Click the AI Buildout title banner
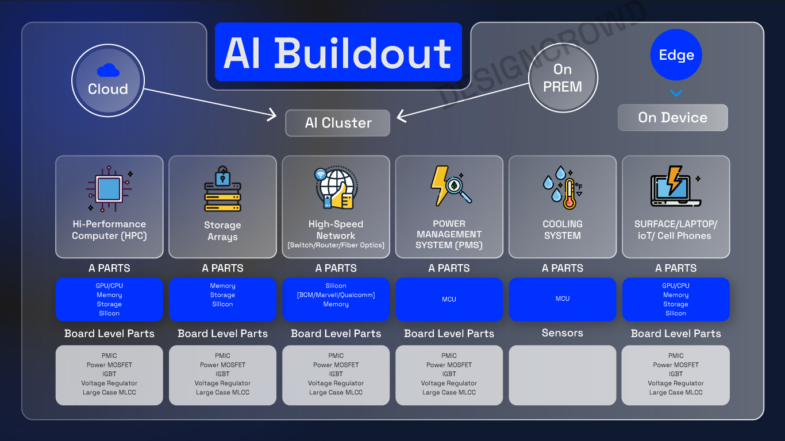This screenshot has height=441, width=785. pos(338,53)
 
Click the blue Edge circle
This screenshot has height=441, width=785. pos(676,55)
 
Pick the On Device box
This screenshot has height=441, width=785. pos(672,118)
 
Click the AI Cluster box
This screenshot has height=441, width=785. pos(338,123)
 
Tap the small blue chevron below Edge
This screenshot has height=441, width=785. pos(676,93)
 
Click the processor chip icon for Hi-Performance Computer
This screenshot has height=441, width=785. pos(109,188)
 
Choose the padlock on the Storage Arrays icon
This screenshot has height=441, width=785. pos(222,176)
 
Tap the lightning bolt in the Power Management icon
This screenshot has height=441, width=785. pos(439,185)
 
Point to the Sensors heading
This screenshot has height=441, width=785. pos(562,333)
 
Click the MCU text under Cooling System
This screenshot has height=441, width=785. pos(563,299)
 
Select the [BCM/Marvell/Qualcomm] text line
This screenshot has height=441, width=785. pos(336,295)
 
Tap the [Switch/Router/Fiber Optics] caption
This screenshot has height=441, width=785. pos(336,246)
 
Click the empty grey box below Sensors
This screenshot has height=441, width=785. pos(562,375)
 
